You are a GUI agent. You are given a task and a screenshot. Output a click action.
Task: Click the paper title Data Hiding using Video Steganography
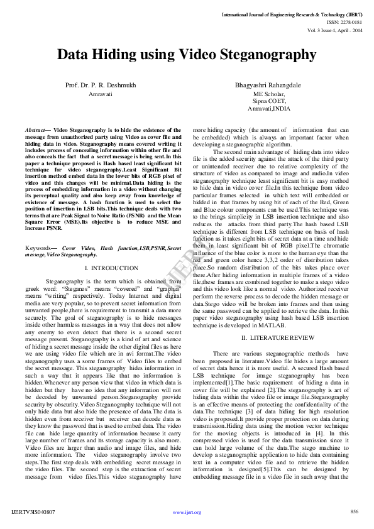point(187,55)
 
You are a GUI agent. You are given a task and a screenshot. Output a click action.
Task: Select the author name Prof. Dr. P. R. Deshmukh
point(101,85)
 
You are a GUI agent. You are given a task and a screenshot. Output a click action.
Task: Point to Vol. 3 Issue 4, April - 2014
point(335,30)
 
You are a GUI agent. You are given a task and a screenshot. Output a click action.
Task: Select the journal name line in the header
point(292,13)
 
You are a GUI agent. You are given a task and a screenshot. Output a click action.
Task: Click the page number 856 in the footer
point(354,512)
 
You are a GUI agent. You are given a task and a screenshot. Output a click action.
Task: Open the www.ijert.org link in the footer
point(187,513)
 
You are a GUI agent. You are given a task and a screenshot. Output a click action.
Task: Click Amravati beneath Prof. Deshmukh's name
point(101,94)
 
